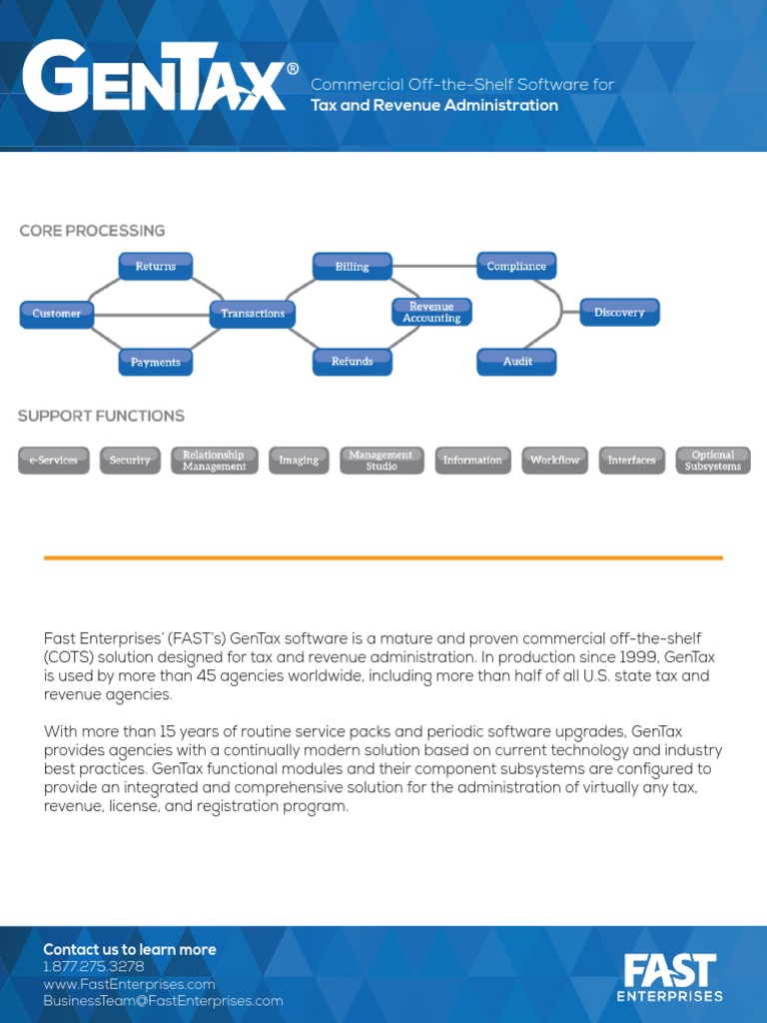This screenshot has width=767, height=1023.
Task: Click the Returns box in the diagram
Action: pyautogui.click(x=156, y=267)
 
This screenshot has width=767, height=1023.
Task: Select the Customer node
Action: pyautogui.click(x=57, y=314)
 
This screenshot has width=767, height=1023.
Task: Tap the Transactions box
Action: pyautogui.click(x=253, y=314)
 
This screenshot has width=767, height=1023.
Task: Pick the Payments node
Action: pyautogui.click(x=156, y=362)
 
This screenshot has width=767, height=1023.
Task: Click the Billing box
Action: pyautogui.click(x=352, y=267)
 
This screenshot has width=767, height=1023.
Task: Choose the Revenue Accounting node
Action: pyautogui.click(x=431, y=313)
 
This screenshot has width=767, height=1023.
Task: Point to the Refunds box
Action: pyautogui.click(x=352, y=362)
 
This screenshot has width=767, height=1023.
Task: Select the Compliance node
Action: pyautogui.click(x=516, y=267)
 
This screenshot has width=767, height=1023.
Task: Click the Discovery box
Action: pyautogui.click(x=619, y=313)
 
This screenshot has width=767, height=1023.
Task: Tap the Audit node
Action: pyautogui.click(x=516, y=362)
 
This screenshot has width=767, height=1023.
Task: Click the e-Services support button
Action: pyautogui.click(x=54, y=461)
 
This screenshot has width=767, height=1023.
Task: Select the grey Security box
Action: pyautogui.click(x=130, y=461)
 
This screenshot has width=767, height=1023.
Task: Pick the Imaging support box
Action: pyautogui.click(x=299, y=461)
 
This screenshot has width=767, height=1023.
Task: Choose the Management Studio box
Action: pyautogui.click(x=382, y=461)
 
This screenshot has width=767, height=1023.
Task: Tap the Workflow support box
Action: pyautogui.click(x=555, y=461)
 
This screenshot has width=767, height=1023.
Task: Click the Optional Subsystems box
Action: pyautogui.click(x=713, y=461)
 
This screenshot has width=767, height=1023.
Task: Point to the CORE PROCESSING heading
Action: pyautogui.click(x=92, y=231)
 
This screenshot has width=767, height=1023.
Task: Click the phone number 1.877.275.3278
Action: pyautogui.click(x=94, y=967)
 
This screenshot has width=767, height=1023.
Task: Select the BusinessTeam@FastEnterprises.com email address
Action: pyautogui.click(x=163, y=1001)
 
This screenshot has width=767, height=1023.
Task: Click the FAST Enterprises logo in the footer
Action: pyautogui.click(x=670, y=977)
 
